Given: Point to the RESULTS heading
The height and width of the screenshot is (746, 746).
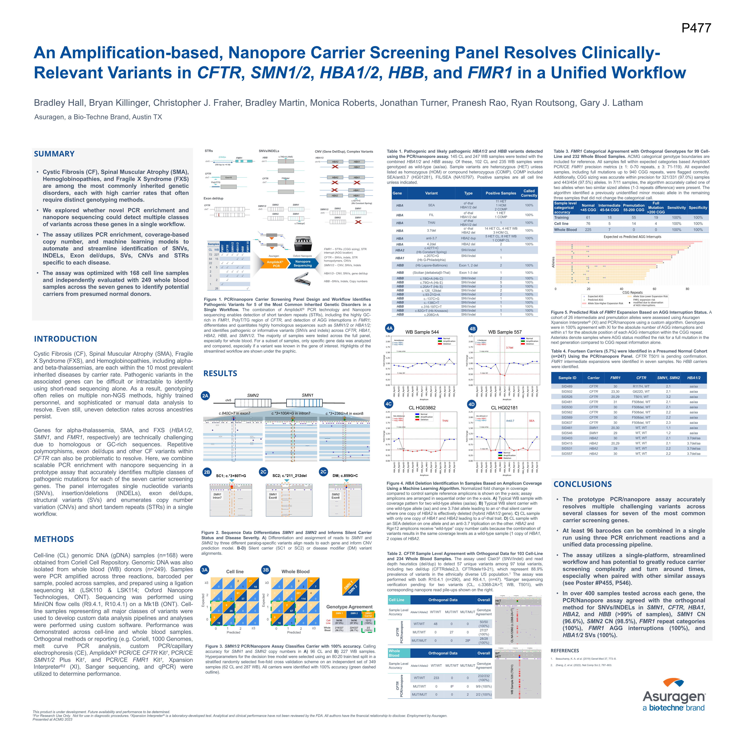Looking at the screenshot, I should pos(220,373).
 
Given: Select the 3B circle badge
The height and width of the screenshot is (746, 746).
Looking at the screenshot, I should pos(266,570).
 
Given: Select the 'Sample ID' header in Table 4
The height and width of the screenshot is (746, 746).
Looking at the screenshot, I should pos(567,378).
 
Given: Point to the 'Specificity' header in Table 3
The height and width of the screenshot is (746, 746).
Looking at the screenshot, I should pos(698,208).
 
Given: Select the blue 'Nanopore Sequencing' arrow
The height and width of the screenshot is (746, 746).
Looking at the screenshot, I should pos(303,264).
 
